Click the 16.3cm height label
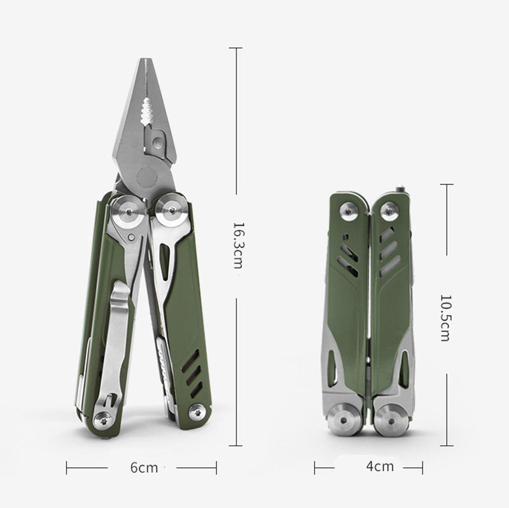239,245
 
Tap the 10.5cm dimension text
445,318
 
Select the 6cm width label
144,467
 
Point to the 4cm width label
380,466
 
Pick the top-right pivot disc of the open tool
171,210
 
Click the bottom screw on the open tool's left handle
104,421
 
